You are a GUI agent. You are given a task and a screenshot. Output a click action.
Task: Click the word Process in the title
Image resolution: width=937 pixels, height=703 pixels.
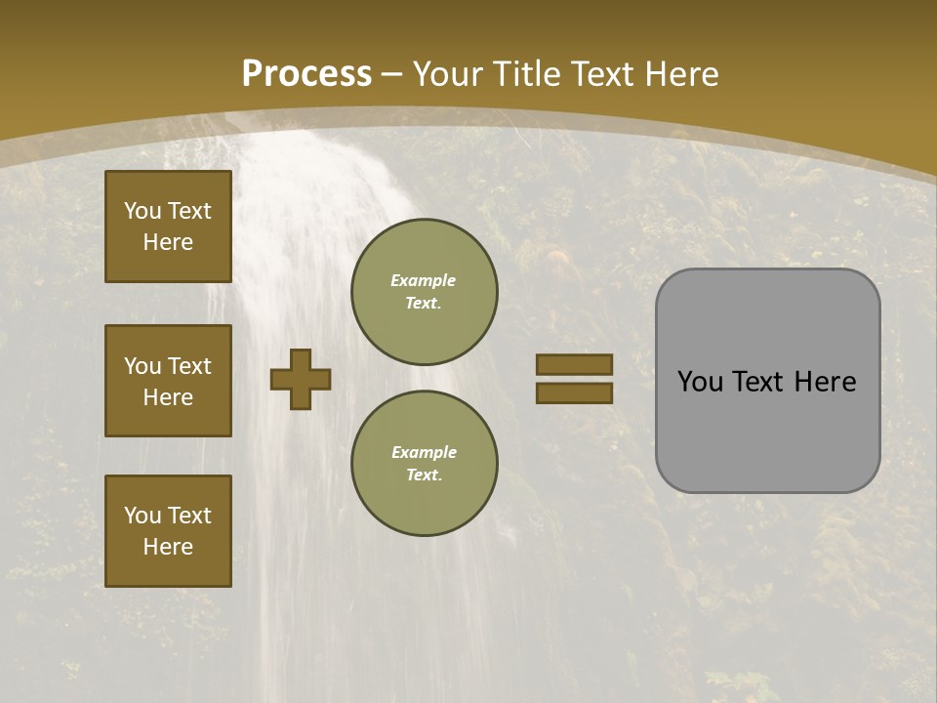tap(306, 74)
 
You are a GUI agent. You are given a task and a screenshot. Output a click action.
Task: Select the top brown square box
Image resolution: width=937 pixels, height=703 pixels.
tap(168, 227)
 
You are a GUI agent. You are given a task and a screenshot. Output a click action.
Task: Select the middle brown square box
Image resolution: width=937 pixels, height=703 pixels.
tap(168, 381)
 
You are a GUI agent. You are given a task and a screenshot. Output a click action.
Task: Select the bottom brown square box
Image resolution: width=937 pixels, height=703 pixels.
tap(168, 531)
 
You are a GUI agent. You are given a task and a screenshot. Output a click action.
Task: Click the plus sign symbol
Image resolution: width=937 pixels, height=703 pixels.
tap(301, 379)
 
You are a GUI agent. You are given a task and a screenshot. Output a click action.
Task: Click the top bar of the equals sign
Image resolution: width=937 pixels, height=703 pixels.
tap(574, 364)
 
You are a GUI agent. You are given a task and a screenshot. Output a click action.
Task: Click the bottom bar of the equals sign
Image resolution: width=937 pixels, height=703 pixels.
tap(574, 393)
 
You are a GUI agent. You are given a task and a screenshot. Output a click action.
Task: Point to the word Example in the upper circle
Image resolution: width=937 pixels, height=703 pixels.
tap(423, 280)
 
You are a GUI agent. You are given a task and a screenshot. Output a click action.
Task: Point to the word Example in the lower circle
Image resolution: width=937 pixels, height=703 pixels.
tap(424, 452)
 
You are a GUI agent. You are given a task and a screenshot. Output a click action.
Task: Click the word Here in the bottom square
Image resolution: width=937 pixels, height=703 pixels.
tap(168, 547)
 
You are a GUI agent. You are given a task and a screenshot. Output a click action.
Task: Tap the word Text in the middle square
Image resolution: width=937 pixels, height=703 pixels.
tap(189, 366)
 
